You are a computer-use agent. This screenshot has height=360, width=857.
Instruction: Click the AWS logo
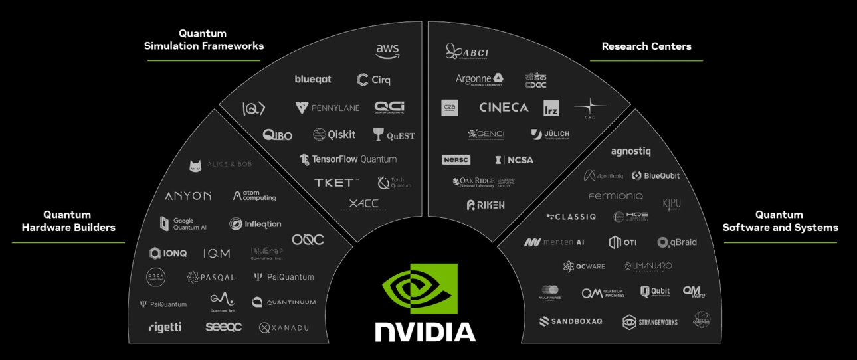click(x=387, y=51)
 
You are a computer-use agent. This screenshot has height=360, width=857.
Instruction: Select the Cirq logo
click(x=373, y=80)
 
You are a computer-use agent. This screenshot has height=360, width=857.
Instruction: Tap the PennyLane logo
click(x=327, y=108)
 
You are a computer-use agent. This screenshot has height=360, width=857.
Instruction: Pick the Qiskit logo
click(x=334, y=134)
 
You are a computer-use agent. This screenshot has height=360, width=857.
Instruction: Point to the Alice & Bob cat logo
click(x=195, y=166)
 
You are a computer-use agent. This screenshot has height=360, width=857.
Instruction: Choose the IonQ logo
click(x=168, y=253)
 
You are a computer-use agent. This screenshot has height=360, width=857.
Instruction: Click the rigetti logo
click(x=165, y=327)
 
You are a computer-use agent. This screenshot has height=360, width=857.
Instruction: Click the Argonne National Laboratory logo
click(x=479, y=80)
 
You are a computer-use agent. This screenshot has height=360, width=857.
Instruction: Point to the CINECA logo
click(x=504, y=108)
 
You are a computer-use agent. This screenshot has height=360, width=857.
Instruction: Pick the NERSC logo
click(x=456, y=160)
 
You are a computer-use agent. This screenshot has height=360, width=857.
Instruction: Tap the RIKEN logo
click(x=486, y=205)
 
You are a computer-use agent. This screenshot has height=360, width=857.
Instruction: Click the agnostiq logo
click(x=630, y=152)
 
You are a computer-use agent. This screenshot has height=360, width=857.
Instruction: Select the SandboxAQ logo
click(x=571, y=321)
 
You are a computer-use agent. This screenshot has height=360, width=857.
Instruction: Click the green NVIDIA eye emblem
click(x=420, y=289)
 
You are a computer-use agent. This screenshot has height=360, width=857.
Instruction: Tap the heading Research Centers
click(x=646, y=46)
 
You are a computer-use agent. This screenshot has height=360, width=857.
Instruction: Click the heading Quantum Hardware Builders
click(x=68, y=221)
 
